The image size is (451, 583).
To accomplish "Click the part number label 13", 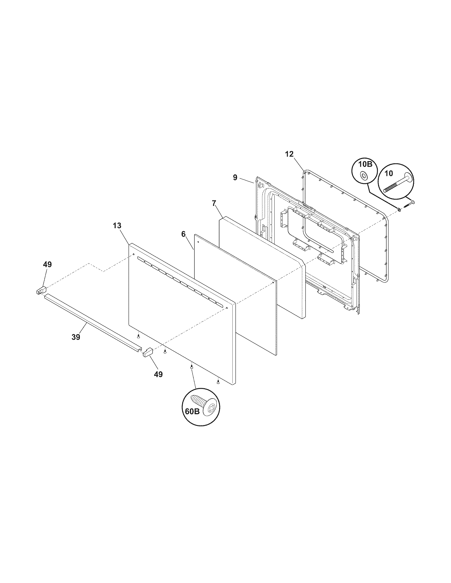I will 117,226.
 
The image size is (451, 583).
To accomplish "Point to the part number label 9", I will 235,178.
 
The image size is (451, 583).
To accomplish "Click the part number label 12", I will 289,154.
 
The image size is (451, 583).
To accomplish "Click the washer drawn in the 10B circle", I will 363,176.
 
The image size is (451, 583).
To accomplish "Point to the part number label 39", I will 76,337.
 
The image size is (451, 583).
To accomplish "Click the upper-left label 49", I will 47,264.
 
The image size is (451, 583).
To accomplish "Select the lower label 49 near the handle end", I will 158,374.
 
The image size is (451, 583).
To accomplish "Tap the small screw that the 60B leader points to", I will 191,367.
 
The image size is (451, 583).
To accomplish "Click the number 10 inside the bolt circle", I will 389,174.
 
